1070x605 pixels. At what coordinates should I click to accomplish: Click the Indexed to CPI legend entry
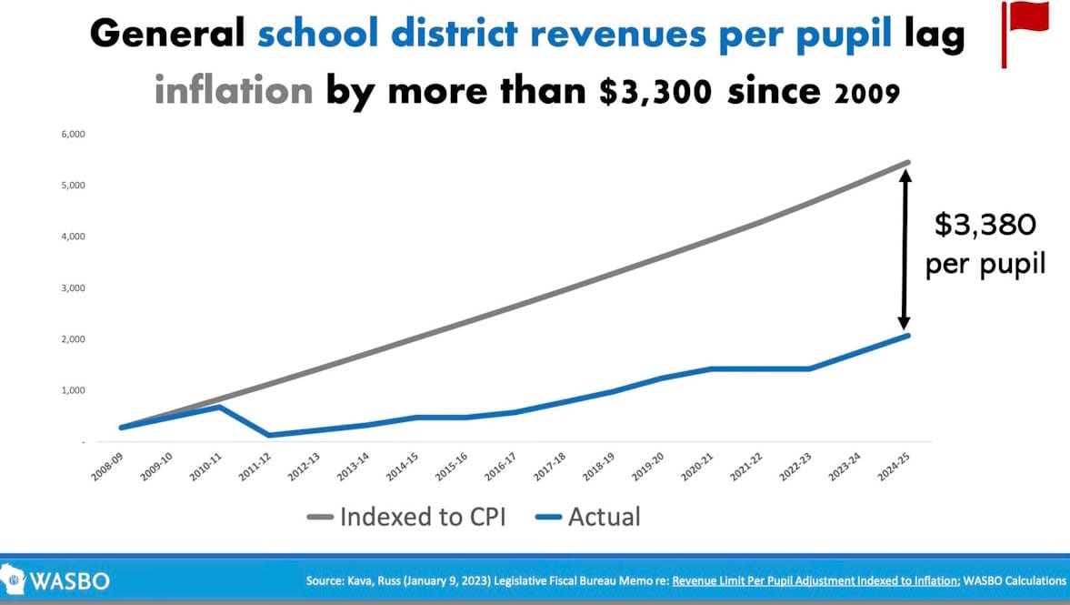405,517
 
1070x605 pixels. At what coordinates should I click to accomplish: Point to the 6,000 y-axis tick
72,135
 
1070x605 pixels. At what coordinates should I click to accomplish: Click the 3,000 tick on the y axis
72,288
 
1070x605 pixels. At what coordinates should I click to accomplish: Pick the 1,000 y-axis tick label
72,390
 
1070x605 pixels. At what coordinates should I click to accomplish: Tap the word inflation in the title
234,91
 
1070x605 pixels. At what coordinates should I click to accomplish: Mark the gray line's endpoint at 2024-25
907,163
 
